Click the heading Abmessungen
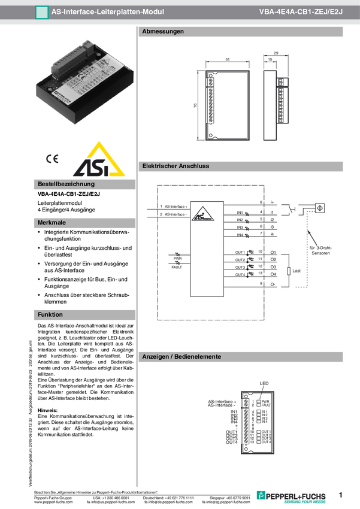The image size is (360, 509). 162,32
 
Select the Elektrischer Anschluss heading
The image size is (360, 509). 175,166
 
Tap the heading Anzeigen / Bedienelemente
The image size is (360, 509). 181,357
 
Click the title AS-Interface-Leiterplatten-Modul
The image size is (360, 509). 107,11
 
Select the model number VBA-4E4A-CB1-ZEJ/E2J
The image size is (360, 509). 301,11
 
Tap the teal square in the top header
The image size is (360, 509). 41,11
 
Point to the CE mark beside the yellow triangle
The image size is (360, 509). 52,159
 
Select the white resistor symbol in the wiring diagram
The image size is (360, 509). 289,271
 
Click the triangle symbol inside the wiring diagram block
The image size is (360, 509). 204,212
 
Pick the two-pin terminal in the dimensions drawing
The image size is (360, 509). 211,81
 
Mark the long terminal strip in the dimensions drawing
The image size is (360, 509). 211,105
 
